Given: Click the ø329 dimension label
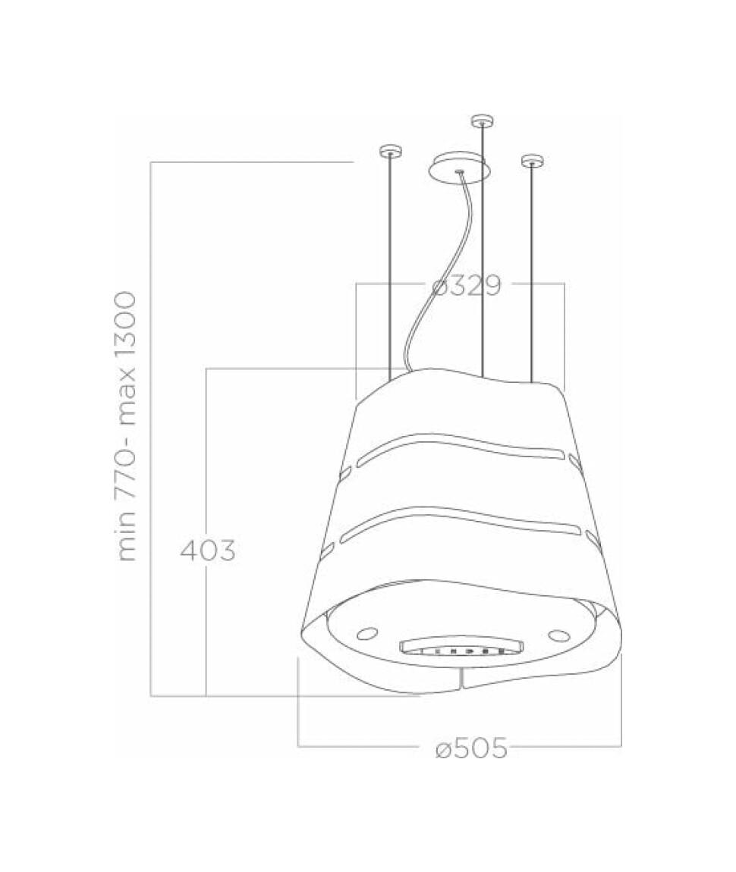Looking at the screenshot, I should tap(467, 286).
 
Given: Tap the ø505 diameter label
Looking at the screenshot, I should tap(471, 748).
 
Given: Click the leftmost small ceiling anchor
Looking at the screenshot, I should tap(388, 150).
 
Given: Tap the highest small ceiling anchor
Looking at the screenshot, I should tap(482, 119).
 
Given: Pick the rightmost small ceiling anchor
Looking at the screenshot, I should tap(531, 160).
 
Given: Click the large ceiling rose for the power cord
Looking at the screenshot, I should tap(458, 166).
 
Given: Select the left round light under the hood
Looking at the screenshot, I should tap(368, 632).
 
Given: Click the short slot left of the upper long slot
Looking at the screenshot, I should tap(346, 474).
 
